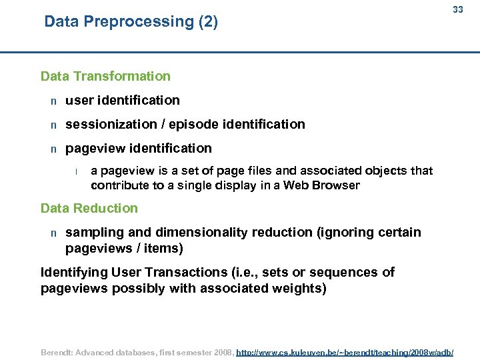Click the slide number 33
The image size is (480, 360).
click(x=457, y=9)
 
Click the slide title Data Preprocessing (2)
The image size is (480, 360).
click(x=131, y=21)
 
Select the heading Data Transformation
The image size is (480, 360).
click(x=105, y=76)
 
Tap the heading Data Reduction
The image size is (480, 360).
click(x=89, y=208)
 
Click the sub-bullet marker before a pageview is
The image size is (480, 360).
click(x=77, y=171)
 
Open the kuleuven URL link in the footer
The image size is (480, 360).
click(x=345, y=351)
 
